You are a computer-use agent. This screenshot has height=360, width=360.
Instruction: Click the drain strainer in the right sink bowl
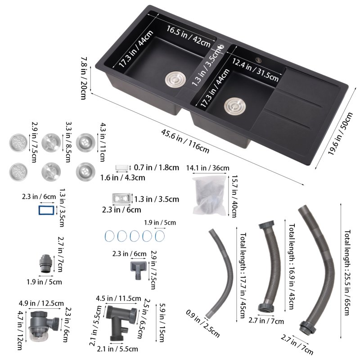[235, 106]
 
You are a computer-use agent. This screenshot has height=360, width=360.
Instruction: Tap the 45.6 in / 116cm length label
[185, 141]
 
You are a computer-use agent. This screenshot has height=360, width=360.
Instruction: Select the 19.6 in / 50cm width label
[340, 133]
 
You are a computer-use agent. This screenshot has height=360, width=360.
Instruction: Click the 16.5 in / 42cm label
[189, 36]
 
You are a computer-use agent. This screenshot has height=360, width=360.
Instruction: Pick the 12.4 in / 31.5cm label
[255, 70]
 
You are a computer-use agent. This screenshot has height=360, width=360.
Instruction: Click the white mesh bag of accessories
[210, 195]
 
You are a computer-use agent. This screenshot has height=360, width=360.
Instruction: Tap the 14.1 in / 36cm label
[207, 168]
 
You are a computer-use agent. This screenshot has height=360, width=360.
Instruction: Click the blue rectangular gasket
[46, 210]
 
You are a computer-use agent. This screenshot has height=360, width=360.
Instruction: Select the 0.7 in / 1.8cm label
[156, 167]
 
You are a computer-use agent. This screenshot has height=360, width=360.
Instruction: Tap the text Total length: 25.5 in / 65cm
[347, 272]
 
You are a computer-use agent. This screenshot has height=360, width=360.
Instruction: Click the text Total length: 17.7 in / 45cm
[243, 275]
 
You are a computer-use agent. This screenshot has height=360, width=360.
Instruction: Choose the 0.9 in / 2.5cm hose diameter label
[202, 324]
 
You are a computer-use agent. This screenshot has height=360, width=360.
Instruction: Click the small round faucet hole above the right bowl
[259, 60]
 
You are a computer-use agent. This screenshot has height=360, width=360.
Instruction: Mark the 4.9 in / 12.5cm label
[41, 303]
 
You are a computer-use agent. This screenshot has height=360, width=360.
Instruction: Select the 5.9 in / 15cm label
[162, 323]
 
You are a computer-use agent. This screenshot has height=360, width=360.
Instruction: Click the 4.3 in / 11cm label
[103, 142]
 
